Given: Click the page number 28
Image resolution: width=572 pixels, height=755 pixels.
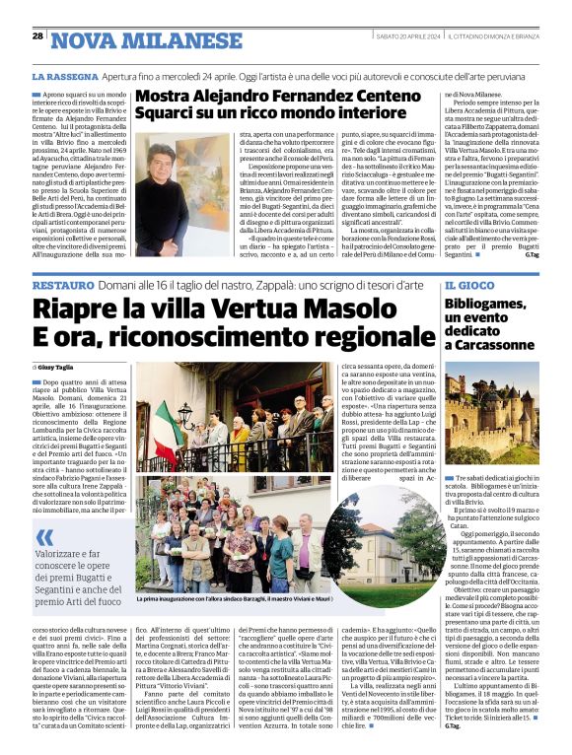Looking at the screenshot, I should click(38, 36).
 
